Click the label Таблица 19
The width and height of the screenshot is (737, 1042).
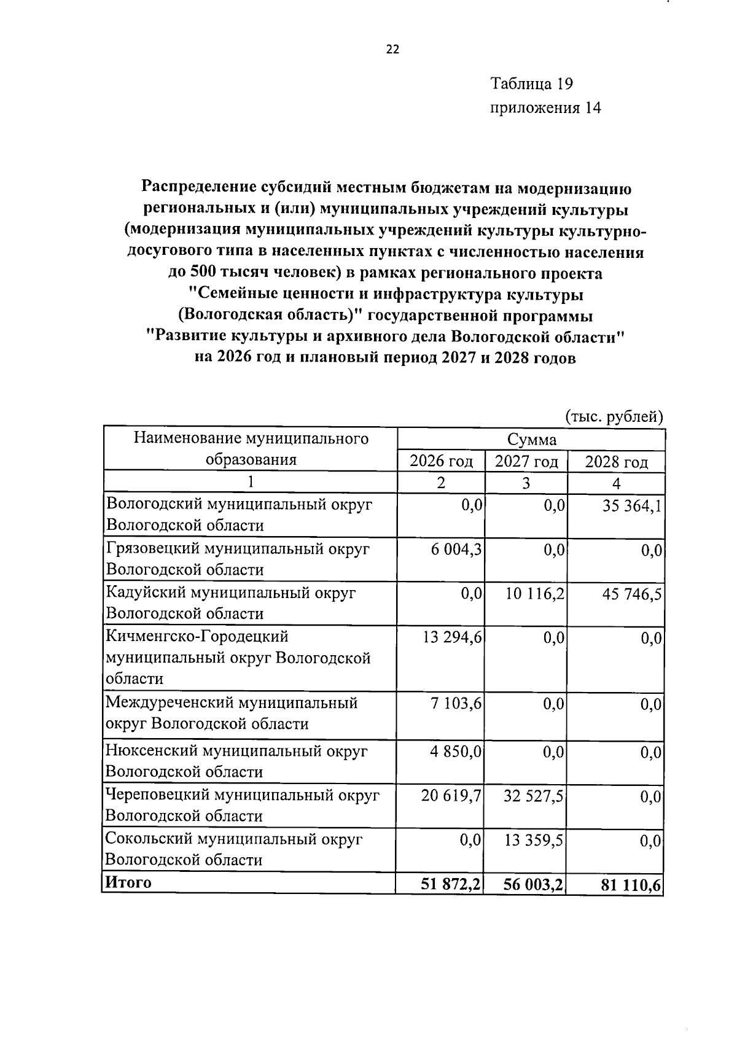tap(532, 84)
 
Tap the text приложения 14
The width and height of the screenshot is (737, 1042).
tap(545, 109)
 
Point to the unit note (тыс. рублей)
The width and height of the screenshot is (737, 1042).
tap(614, 417)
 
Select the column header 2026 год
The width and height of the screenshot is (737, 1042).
tap(442, 461)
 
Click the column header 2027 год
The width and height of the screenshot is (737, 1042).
tap(526, 461)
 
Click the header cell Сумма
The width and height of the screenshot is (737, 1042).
tap(531, 440)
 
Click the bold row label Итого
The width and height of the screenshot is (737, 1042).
tap(128, 883)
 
